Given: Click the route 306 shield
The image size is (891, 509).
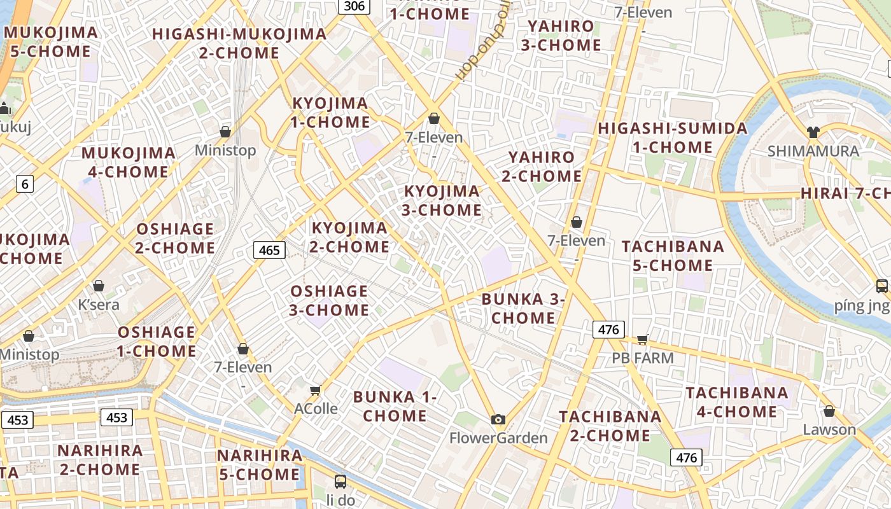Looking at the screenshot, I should pyautogui.click(x=353, y=6).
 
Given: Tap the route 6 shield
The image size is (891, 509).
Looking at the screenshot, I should pyautogui.click(x=25, y=185).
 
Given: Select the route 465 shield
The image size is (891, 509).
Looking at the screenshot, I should pyautogui.click(x=269, y=250).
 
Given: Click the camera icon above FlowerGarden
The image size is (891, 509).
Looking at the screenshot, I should pyautogui.click(x=498, y=419).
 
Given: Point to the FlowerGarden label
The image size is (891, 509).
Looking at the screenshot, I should pyautogui.click(x=498, y=438).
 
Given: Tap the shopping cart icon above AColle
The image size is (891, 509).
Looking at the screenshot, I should pyautogui.click(x=315, y=390).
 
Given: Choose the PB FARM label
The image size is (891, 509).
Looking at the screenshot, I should pyautogui.click(x=643, y=358).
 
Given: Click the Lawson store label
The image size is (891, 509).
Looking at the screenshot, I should pyautogui.click(x=829, y=429).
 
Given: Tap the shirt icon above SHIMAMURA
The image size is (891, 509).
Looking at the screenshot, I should pyautogui.click(x=813, y=132).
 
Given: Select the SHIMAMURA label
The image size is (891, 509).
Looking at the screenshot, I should pyautogui.click(x=813, y=151).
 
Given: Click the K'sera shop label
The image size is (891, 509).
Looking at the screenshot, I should pyautogui.click(x=99, y=304).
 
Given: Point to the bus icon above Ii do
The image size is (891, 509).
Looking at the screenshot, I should pyautogui.click(x=340, y=482).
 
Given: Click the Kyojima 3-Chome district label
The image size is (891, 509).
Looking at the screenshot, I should pyautogui.click(x=442, y=200).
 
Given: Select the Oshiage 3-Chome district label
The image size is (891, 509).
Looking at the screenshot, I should pyautogui.click(x=329, y=300).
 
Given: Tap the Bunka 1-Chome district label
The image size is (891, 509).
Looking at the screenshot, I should pyautogui.click(x=395, y=407).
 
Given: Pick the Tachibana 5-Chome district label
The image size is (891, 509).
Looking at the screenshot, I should pyautogui.click(x=673, y=256).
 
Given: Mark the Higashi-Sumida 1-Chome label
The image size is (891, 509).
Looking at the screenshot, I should pyautogui.click(x=673, y=137).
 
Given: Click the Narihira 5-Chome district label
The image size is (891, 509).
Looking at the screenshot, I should pyautogui.click(x=260, y=465).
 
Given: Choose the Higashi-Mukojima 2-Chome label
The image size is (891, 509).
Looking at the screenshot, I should pyautogui.click(x=239, y=43).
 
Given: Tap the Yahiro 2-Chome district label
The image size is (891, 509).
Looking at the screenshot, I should pyautogui.click(x=542, y=167).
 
